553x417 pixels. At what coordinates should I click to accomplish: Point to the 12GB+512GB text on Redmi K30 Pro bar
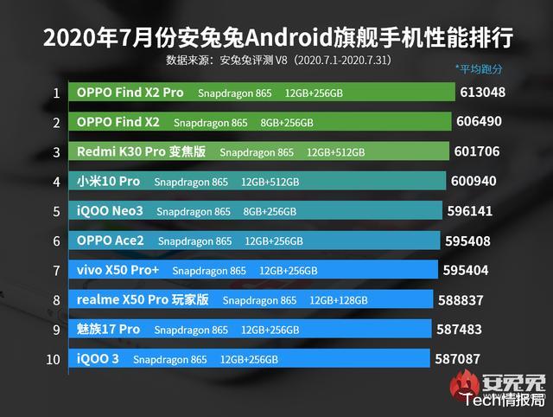[336, 152]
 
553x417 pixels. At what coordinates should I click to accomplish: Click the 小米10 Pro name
[108, 182]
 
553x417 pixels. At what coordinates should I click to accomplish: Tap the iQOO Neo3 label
[110, 211]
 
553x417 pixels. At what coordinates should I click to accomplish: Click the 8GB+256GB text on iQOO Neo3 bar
[270, 211]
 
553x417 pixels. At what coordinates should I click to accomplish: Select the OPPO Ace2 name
[111, 241]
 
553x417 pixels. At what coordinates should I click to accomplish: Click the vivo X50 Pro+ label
[118, 270]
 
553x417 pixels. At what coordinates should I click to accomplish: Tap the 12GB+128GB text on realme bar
[338, 300]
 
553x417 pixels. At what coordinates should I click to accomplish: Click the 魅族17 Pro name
[109, 330]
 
